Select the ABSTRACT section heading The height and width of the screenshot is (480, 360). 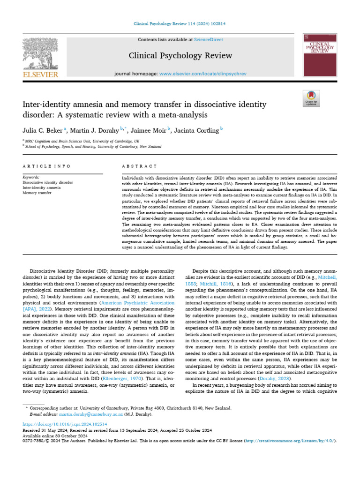pos(139,166)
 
